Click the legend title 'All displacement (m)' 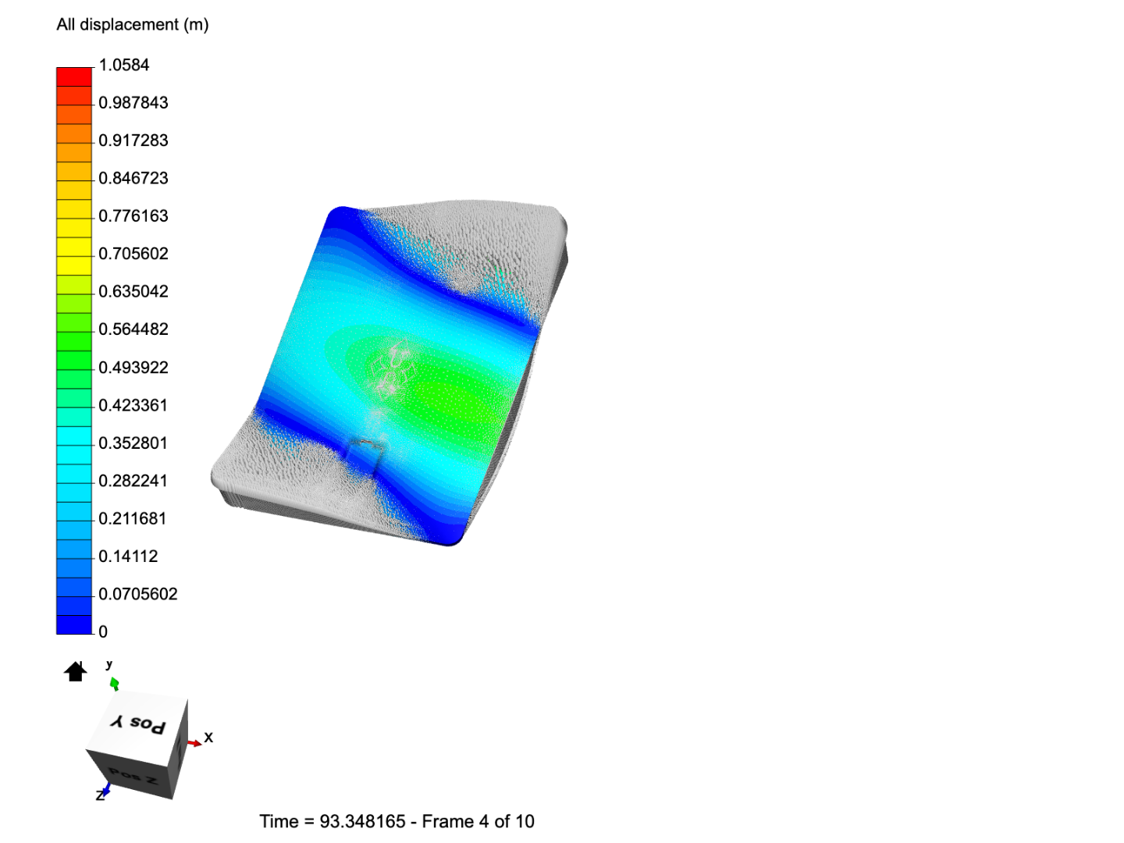133,24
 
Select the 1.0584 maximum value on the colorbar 124,65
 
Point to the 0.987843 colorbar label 133,103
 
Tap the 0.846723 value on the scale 133,178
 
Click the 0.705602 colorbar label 133,254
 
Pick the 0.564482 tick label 133,329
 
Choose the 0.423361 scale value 133,405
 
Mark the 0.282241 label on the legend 133,481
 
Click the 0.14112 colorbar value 128,557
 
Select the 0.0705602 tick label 137,594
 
